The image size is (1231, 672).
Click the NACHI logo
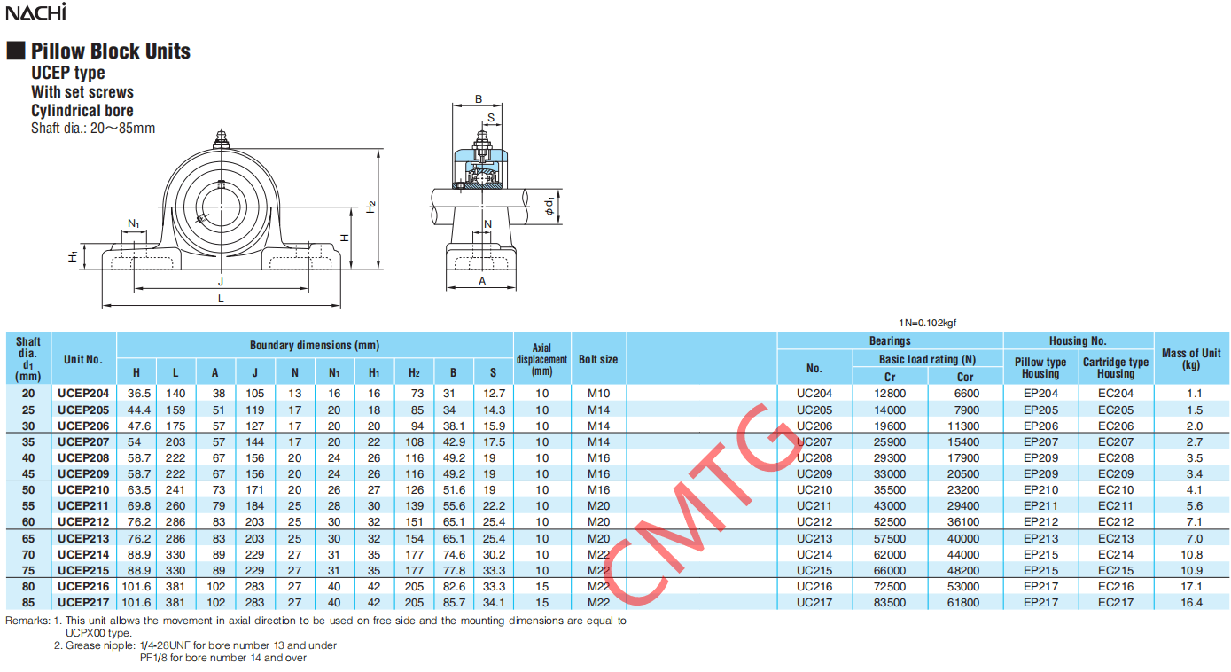tap(35, 12)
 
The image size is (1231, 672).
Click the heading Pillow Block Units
tap(111, 51)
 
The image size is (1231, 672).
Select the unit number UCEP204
tap(83, 394)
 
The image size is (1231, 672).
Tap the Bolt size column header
tap(598, 359)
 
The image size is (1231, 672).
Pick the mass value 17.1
tap(1191, 586)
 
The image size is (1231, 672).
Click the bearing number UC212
tap(814, 521)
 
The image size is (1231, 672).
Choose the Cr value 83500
tap(890, 602)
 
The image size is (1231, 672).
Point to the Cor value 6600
tap(967, 394)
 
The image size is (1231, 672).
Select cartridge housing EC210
tap(1116, 489)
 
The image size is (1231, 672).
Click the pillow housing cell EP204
tap(1040, 394)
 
